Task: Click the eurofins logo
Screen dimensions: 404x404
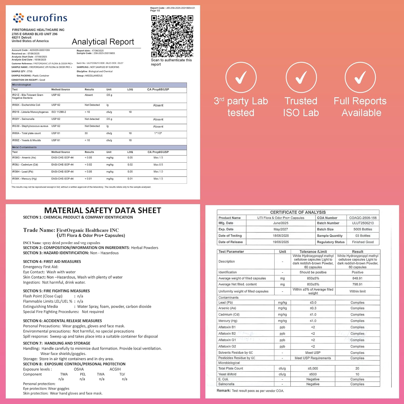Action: (x=40, y=18)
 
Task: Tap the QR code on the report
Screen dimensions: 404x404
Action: (x=172, y=36)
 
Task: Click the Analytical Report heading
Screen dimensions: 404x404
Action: (x=103, y=42)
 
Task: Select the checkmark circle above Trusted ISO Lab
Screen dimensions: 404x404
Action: (x=301, y=78)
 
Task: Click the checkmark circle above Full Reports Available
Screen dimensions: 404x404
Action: (x=360, y=78)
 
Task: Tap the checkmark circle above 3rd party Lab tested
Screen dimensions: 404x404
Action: (x=241, y=78)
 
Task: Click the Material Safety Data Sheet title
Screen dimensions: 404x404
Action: (x=103, y=210)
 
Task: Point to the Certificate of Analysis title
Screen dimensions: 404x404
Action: (x=298, y=212)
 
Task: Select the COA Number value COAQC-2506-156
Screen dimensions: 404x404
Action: (x=363, y=218)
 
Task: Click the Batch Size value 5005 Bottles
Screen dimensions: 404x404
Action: (x=363, y=229)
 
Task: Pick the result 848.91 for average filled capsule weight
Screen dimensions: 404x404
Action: (x=357, y=278)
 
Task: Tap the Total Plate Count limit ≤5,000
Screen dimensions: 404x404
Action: (x=313, y=368)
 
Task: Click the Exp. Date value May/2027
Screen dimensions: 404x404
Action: (x=281, y=229)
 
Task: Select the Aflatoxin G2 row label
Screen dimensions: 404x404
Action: (x=227, y=346)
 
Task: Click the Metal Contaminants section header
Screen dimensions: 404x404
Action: (x=24, y=147)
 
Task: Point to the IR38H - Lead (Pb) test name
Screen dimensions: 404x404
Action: (x=23, y=172)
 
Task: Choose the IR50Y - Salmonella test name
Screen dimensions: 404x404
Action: (x=23, y=119)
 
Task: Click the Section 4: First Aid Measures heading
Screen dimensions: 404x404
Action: (x=52, y=262)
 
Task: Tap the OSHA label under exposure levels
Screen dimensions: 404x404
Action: (x=79, y=369)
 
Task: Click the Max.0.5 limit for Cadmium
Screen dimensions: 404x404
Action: (x=158, y=165)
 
